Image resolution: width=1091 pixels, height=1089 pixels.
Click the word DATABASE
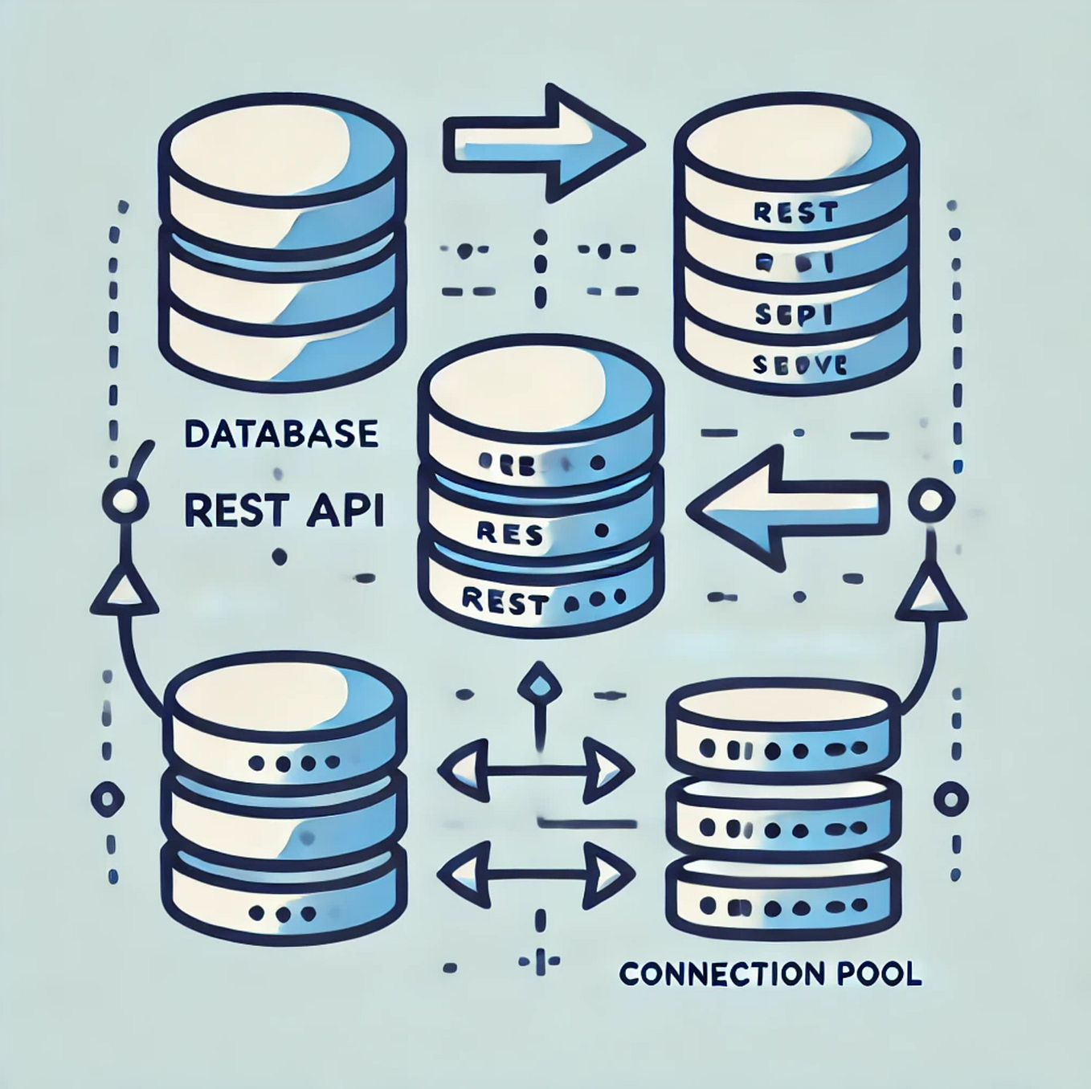click(x=280, y=434)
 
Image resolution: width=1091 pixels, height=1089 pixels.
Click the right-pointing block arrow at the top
click(x=543, y=142)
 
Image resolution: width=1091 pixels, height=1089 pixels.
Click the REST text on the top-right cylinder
click(x=795, y=213)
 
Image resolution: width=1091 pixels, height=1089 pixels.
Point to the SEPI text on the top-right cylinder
click(x=794, y=316)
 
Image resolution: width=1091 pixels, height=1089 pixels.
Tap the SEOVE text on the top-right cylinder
click(x=799, y=366)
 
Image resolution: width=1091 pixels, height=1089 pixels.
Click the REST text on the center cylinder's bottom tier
click(x=506, y=602)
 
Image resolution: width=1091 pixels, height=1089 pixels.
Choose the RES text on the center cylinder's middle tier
click(x=509, y=533)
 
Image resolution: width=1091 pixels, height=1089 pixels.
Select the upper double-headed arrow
click(x=536, y=771)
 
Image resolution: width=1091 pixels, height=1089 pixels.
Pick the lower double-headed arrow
click(x=536, y=874)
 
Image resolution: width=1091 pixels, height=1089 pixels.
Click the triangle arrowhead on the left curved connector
click(x=124, y=594)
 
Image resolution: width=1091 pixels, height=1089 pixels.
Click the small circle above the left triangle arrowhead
click(x=126, y=503)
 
